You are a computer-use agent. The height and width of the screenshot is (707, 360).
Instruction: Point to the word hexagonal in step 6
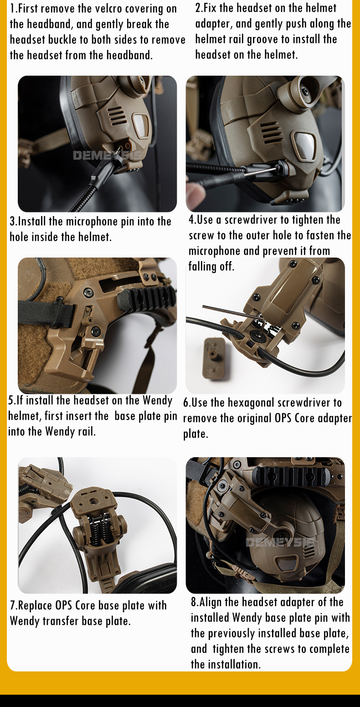(x=251, y=403)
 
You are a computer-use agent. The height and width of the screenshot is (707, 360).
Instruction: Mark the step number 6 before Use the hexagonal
(x=186, y=403)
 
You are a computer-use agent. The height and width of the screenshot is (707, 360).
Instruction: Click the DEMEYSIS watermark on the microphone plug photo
(x=107, y=155)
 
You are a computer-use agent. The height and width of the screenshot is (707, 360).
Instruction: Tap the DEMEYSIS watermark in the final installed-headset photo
(x=280, y=542)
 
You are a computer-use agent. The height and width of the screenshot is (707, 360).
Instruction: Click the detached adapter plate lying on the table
(x=216, y=358)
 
